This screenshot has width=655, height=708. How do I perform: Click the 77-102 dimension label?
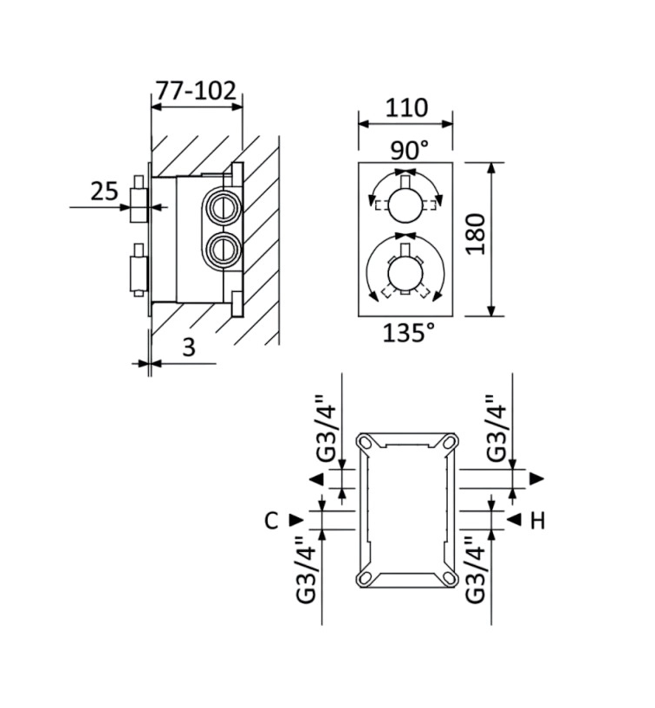tap(196, 90)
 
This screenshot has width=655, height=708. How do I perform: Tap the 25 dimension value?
tap(104, 192)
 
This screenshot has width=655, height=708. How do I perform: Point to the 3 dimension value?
tap(189, 348)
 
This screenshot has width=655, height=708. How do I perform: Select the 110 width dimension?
tap(405, 108)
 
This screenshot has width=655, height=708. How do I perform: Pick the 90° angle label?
tap(408, 149)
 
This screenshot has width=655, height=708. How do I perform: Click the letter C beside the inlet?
tap(271, 520)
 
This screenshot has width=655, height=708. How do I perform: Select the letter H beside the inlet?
tap(537, 520)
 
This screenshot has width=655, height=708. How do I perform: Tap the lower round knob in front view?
tap(405, 274)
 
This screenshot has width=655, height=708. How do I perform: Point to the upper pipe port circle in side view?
tap(220, 207)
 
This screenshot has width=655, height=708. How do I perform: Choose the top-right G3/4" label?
tap(495, 430)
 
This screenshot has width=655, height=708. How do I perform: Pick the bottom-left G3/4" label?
tap(307, 571)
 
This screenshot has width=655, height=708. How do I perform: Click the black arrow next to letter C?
tap(296, 520)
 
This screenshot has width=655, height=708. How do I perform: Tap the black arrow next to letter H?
tap(513, 520)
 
